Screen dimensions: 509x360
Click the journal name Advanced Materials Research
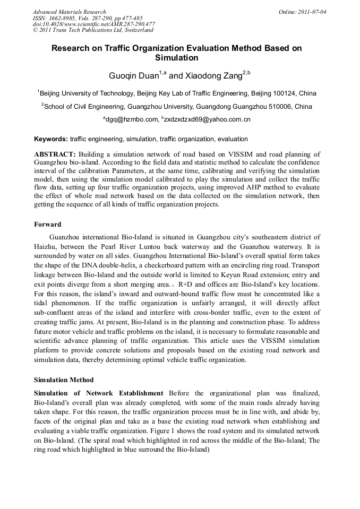[x=69, y=12]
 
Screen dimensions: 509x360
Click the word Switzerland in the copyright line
[x=133, y=30]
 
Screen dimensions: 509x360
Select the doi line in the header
[x=93, y=24]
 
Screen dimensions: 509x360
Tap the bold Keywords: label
[x=51, y=139]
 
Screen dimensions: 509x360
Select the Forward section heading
[x=47, y=225]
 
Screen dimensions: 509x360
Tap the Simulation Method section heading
[x=64, y=380]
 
